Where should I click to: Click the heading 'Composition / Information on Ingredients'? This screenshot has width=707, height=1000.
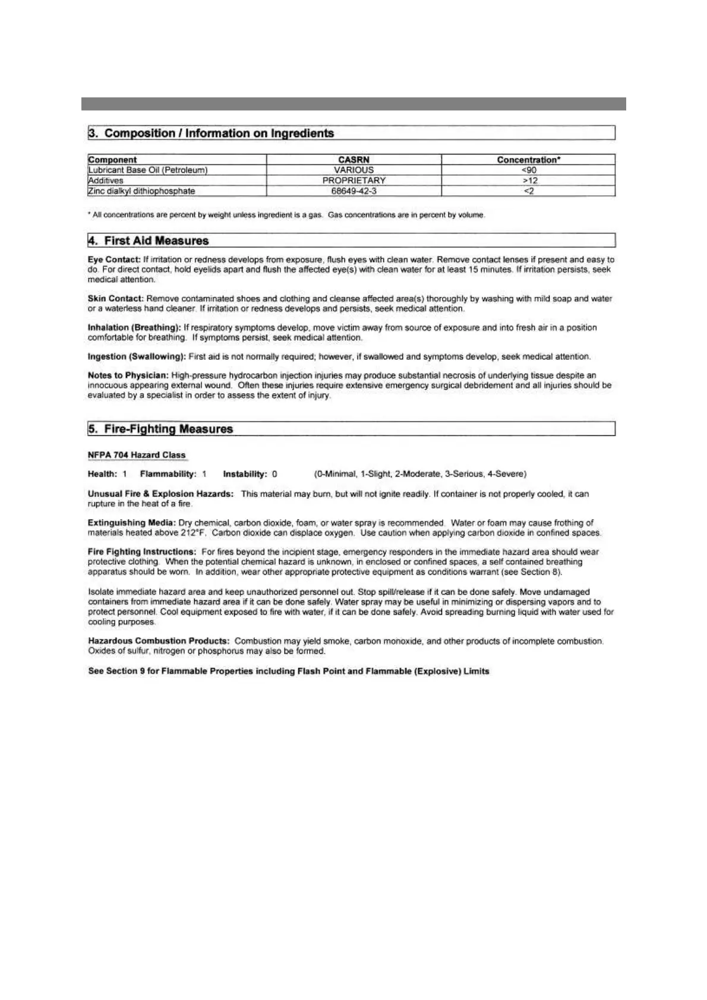pos(219,133)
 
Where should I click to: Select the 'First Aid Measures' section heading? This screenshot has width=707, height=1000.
pos(156,240)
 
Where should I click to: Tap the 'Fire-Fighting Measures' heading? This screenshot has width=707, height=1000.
pos(168,429)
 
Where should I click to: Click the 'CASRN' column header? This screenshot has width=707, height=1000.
pos(353,160)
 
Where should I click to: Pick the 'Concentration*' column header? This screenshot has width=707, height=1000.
pos(529,160)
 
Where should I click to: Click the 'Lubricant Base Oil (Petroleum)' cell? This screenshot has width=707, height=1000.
pos(148,170)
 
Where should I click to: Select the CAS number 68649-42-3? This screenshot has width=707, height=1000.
pos(353,191)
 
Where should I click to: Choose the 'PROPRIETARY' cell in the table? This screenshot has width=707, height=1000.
pos(353,181)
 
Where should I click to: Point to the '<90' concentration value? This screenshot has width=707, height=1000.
pos(529,170)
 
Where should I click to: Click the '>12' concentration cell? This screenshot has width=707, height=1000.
pos(529,181)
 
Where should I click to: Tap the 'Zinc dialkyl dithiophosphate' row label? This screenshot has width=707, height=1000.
pos(141,191)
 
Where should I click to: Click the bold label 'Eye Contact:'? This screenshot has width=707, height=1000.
pos(114,260)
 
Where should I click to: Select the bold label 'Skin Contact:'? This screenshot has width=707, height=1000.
pos(116,299)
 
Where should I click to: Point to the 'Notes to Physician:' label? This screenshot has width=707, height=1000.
pos(128,375)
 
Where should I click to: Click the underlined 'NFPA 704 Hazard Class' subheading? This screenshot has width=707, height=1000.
pos(137,455)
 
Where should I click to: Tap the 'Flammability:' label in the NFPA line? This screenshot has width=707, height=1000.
pos(168,474)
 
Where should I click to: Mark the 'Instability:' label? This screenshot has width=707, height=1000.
pos(245,474)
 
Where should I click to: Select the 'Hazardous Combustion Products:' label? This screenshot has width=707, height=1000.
pos(159,641)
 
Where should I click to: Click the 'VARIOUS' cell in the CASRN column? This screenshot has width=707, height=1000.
pos(353,170)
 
